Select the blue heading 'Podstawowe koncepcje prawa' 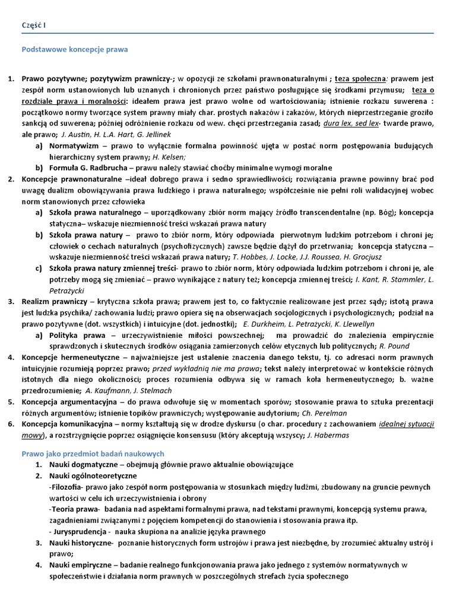point(75,50)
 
